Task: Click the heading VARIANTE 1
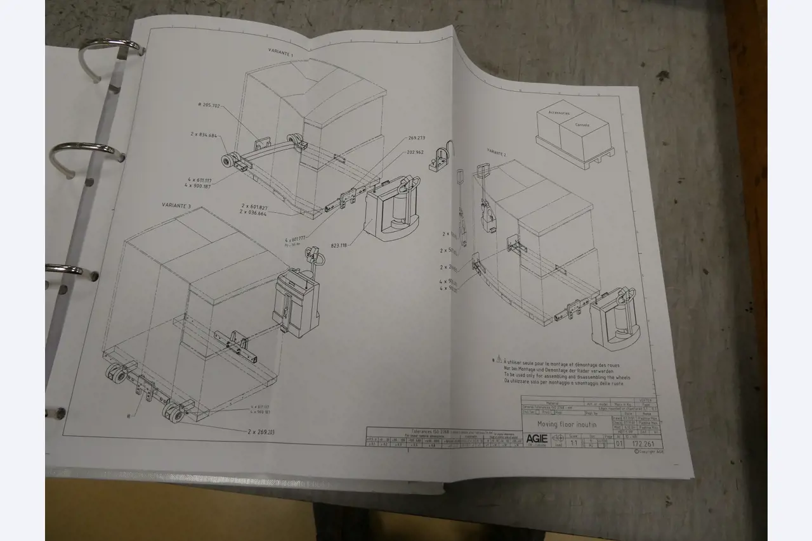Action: [x=280, y=54]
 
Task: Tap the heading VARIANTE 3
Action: [x=176, y=206]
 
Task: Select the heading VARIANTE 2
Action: [x=497, y=152]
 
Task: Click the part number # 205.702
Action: [x=209, y=105]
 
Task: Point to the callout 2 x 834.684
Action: [x=204, y=135]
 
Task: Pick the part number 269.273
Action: [x=416, y=137]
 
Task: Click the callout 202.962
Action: [x=416, y=152]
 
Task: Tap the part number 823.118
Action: [x=339, y=245]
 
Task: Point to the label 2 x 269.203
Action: [x=261, y=431]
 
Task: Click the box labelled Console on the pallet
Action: [x=582, y=125]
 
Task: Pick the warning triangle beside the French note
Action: [x=499, y=359]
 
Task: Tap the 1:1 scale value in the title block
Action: [x=573, y=443]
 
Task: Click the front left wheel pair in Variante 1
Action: [x=227, y=160]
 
